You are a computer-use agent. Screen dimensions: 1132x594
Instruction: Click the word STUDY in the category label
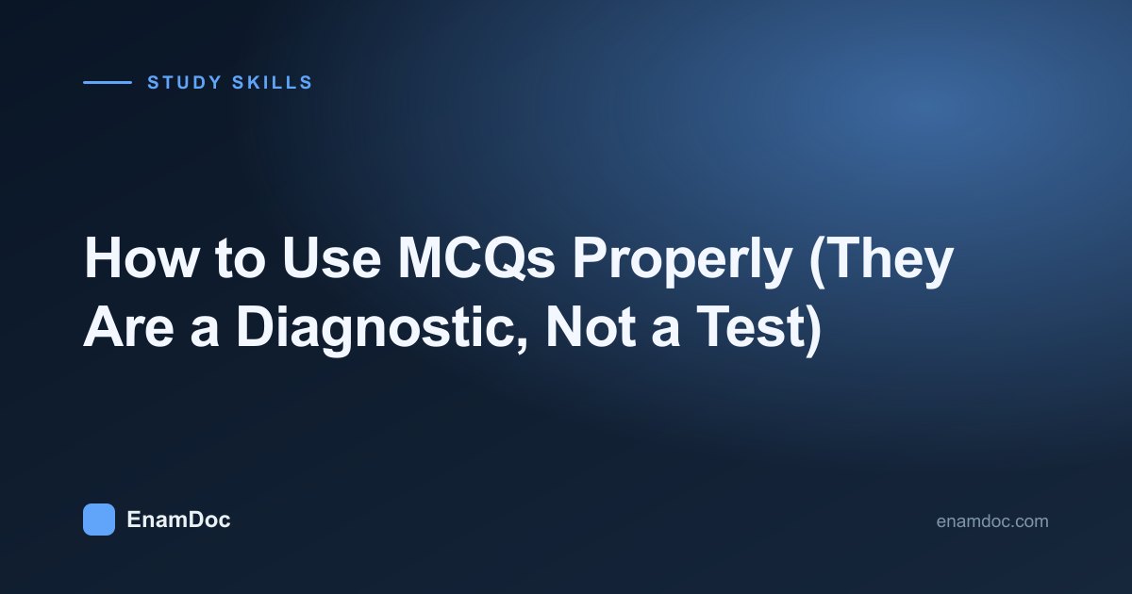[x=185, y=82]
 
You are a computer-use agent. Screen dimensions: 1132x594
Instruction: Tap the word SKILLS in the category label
[x=273, y=82]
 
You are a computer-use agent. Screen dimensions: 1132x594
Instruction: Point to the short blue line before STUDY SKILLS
[x=108, y=82]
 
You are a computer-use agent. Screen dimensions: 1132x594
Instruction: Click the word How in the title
[x=141, y=258]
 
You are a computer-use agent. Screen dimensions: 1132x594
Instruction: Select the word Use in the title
[x=331, y=258]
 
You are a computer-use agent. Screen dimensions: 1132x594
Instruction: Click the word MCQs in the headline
[x=476, y=258]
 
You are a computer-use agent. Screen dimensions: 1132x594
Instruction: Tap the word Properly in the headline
[x=682, y=263]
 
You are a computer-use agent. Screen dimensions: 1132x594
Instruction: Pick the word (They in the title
[x=881, y=263]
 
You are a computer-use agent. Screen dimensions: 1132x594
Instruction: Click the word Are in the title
[x=128, y=327]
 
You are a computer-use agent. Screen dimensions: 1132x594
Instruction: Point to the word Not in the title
[x=591, y=327]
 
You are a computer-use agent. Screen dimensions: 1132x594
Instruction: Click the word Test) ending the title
[x=760, y=328]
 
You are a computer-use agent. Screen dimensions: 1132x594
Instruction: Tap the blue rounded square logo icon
[x=99, y=520]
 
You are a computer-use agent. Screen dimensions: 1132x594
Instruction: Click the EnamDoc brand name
[x=179, y=520]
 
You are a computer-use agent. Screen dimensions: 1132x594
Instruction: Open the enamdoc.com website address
[x=992, y=520]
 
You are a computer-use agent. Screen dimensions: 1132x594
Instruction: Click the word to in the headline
[x=240, y=259]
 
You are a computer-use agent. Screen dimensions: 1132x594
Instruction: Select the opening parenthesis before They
[x=818, y=263]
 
